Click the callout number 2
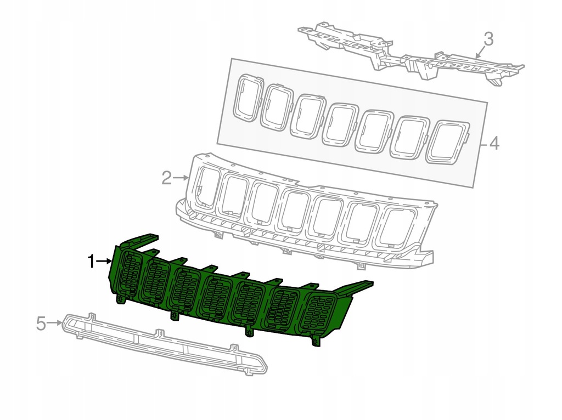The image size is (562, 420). (167, 178)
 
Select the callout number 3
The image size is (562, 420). (488, 39)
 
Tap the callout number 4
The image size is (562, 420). (494, 144)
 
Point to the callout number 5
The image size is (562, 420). (41, 323)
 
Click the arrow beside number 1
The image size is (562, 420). (104, 262)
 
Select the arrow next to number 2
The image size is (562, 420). (181, 177)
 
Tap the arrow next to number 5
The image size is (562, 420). (55, 322)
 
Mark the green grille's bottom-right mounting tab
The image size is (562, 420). (316, 341)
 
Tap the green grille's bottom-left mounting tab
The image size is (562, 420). (119, 298)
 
